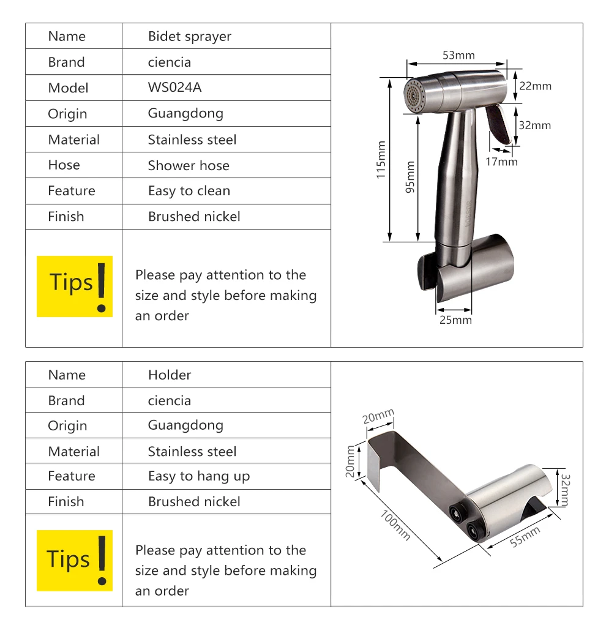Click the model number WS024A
click(x=174, y=88)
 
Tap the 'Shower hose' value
click(x=189, y=165)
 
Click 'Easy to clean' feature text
click(x=189, y=191)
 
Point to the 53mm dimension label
click(x=458, y=55)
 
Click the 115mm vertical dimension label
click(x=381, y=160)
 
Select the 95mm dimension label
click(x=410, y=177)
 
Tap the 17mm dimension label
click(x=501, y=162)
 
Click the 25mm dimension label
click(x=455, y=320)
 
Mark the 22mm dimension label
click(x=535, y=86)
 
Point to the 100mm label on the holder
click(x=395, y=525)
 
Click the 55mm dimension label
click(x=525, y=537)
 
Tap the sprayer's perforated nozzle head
click(x=413, y=95)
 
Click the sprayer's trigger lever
click(x=498, y=124)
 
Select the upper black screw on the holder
click(x=457, y=512)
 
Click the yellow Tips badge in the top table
click(x=75, y=286)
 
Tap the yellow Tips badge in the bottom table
click(x=75, y=561)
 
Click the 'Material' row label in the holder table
click(x=74, y=452)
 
